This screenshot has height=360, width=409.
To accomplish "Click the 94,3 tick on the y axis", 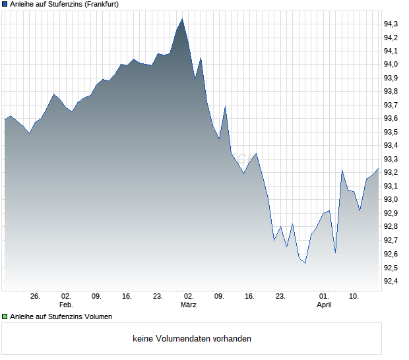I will (x=391, y=24).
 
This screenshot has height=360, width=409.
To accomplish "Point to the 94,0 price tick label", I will (x=391, y=65).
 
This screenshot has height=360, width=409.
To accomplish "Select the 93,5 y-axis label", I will (x=391, y=132).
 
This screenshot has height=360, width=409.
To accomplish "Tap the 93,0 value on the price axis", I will (x=391, y=200).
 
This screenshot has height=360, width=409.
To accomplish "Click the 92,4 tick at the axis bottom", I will (x=391, y=282).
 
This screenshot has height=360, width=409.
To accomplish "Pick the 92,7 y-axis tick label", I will (x=391, y=241).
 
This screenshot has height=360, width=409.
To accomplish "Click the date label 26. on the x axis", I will (x=36, y=297).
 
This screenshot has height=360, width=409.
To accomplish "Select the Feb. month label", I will (x=66, y=305).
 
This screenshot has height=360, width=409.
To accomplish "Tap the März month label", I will (x=189, y=305).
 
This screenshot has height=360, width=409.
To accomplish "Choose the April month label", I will (x=324, y=305).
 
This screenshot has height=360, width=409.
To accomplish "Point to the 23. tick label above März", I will (x=158, y=297).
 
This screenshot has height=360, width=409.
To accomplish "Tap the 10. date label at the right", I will (x=354, y=297).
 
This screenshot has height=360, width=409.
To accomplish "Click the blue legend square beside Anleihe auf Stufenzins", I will (x=5, y=5).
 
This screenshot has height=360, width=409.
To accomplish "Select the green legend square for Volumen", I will (x=5, y=316).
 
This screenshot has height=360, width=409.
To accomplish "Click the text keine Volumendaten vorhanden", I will (x=192, y=339).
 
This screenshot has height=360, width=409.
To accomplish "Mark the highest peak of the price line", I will (x=182, y=19).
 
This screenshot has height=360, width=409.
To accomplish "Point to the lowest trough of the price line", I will (x=305, y=263).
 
